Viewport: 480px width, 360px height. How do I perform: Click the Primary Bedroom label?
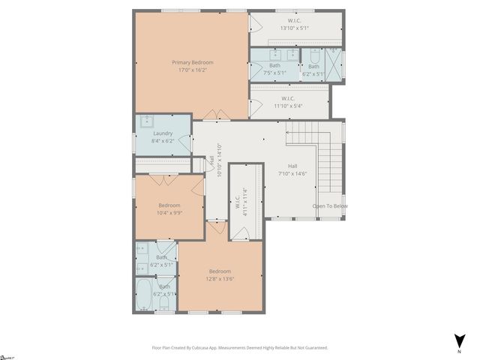(192, 62)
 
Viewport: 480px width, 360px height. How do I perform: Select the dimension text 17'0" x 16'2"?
(192, 70)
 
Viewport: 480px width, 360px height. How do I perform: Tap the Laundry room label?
(163, 133)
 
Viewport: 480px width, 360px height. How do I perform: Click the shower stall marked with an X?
(335, 64)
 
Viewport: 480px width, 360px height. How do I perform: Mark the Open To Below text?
(330, 206)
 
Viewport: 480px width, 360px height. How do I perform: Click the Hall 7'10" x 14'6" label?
(292, 169)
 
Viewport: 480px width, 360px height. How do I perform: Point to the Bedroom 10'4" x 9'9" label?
(169, 208)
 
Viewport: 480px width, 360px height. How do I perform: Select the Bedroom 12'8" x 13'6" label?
(220, 275)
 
